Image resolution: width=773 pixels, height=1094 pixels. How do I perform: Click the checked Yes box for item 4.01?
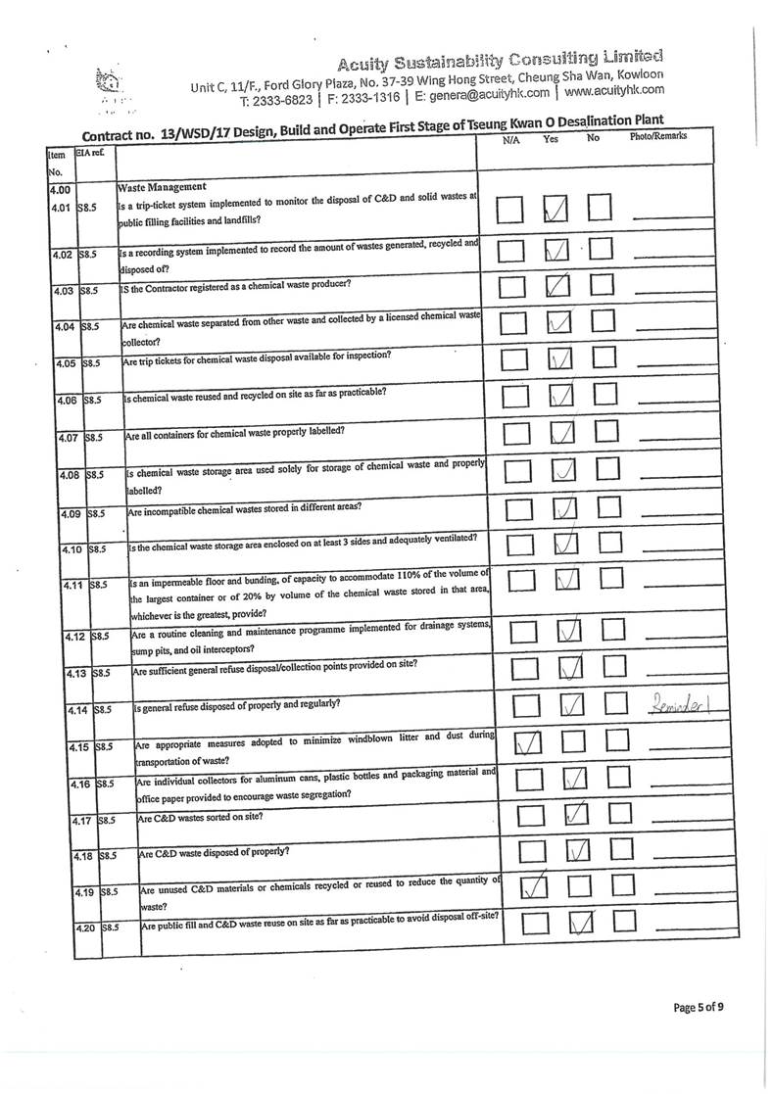coord(556,210)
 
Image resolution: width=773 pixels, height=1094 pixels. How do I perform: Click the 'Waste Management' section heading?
coord(162,186)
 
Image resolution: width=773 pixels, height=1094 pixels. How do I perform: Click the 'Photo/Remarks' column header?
coord(656,136)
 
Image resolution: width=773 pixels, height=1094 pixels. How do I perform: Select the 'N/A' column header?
coord(509,140)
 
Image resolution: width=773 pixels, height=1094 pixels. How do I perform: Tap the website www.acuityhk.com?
coord(614,90)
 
